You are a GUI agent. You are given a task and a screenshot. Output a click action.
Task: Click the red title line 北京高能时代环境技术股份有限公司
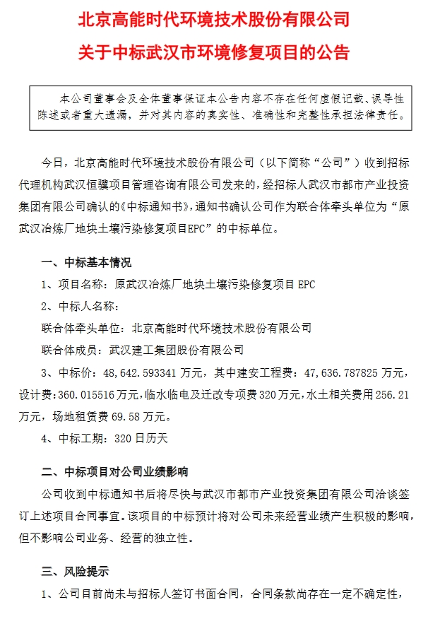[x=214, y=19]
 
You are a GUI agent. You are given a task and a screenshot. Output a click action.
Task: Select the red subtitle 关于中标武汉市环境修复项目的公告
[x=214, y=53]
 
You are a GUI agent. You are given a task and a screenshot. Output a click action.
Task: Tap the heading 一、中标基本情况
[x=87, y=263]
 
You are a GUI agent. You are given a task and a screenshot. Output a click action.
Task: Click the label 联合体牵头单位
[x=83, y=329]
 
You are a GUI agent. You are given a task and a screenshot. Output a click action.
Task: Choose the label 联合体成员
[x=73, y=348]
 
